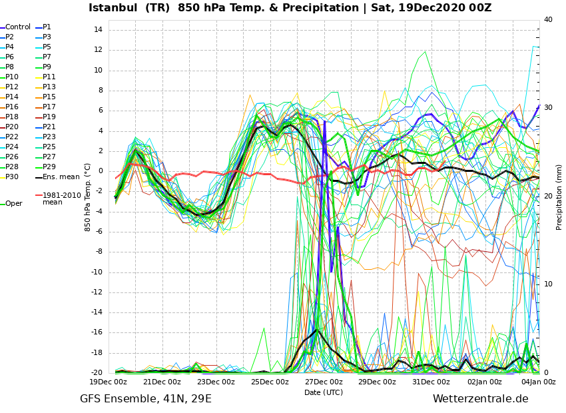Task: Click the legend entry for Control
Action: point(18,27)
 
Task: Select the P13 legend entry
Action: point(49,87)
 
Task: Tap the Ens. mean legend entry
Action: point(61,177)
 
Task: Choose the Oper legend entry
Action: point(14,204)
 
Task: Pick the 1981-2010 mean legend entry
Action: point(61,199)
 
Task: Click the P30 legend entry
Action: point(12,177)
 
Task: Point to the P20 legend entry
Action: point(12,127)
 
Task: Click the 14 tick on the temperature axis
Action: point(98,30)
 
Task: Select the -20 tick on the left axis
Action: point(96,373)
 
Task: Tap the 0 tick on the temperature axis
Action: point(100,171)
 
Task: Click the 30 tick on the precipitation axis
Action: point(549,108)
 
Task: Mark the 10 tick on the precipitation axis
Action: point(549,284)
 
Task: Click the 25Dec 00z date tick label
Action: point(270,382)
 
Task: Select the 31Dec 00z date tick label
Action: point(431,382)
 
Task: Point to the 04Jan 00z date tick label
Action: point(538,382)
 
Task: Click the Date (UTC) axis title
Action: point(324,393)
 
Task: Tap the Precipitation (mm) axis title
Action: point(559,197)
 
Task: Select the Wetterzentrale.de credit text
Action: point(480,399)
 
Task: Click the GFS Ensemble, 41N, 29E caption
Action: point(146,399)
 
